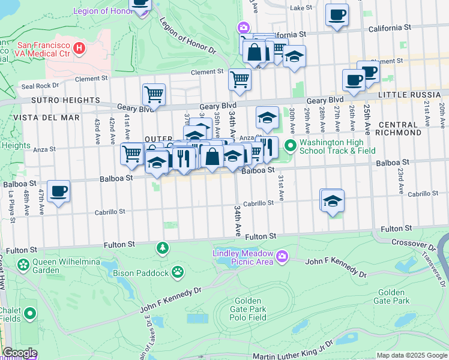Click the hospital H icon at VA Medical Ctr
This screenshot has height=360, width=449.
coord(79,47)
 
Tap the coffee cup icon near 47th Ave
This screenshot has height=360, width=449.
coord(59,192)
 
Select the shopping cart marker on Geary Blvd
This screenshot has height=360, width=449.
coord(154,94)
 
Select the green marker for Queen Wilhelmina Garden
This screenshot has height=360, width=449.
coord(23,265)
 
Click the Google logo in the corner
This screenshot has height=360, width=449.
coord(20,353)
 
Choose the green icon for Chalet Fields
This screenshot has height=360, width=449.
coord(28,314)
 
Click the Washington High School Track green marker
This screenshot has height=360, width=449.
coord(291,146)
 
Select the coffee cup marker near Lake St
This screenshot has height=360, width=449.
coord(337,14)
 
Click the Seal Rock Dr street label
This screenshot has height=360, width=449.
coord(40,85)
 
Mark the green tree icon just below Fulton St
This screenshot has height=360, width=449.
coord(162,248)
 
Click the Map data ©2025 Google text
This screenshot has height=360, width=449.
coord(411,355)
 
